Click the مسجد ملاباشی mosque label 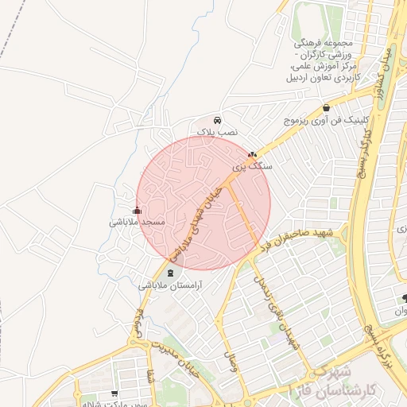click(x=137, y=223)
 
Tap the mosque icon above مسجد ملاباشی click(x=137, y=211)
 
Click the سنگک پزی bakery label click(x=251, y=167)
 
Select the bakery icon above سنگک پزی click(x=252, y=155)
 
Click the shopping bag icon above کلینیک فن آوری click(x=326, y=108)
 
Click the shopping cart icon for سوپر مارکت click(x=115, y=393)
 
